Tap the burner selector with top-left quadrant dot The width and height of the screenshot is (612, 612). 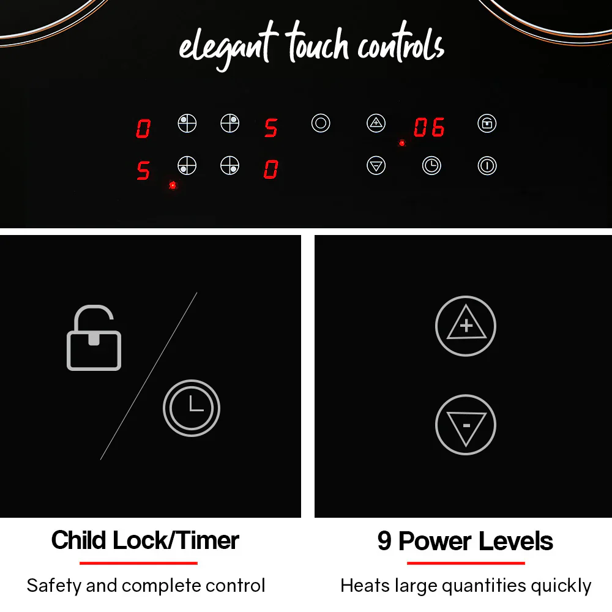[x=187, y=124]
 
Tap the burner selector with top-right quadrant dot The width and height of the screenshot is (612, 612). [x=230, y=124]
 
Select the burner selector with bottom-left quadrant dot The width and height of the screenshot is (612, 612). [x=187, y=166]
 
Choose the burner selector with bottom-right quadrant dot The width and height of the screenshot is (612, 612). [x=230, y=166]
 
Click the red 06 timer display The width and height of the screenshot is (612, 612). [x=429, y=127]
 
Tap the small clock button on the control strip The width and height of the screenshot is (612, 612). [x=431, y=166]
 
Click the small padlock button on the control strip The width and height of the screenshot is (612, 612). [x=487, y=124]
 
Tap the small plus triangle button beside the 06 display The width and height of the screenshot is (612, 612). [x=376, y=124]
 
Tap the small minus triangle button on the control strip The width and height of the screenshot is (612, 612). [x=376, y=166]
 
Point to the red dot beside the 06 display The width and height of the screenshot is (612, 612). [x=402, y=143]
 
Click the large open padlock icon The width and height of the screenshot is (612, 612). [x=94, y=338]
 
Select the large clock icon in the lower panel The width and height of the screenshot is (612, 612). [x=192, y=408]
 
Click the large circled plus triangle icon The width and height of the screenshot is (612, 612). [x=466, y=326]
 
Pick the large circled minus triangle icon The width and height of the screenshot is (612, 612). [x=466, y=425]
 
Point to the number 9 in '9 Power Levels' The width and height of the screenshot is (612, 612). [x=384, y=541]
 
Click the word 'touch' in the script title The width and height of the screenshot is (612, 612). [x=317, y=43]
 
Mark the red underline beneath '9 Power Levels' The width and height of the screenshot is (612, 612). [x=466, y=563]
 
